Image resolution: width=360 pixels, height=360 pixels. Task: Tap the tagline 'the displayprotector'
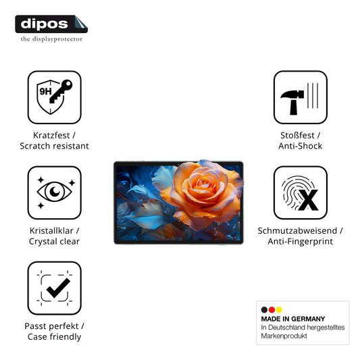click(51, 39)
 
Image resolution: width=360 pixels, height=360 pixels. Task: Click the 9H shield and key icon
click(55, 97)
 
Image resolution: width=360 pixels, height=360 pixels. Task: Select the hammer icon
click(292, 102)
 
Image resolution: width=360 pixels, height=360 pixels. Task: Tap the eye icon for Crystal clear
click(55, 191)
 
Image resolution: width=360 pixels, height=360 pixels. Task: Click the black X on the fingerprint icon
click(308, 200)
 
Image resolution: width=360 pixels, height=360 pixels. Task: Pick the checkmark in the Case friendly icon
click(58, 288)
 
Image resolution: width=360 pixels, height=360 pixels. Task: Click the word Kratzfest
click(51, 136)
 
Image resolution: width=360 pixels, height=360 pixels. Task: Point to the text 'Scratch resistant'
click(54, 146)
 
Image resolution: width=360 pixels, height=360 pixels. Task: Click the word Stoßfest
click(297, 136)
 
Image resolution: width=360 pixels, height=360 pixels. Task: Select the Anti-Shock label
click(301, 146)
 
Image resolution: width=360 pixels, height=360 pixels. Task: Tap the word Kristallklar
click(51, 231)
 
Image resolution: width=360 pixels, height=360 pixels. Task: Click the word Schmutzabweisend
click(297, 231)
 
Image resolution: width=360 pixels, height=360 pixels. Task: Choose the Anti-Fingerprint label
click(301, 242)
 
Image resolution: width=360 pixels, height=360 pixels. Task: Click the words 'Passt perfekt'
click(51, 326)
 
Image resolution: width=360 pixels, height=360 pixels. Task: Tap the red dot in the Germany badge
click(272, 310)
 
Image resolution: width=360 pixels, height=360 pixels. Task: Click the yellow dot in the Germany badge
click(279, 310)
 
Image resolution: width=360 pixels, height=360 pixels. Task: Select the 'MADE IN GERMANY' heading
click(293, 319)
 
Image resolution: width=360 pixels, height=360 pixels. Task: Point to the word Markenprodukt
click(284, 336)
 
